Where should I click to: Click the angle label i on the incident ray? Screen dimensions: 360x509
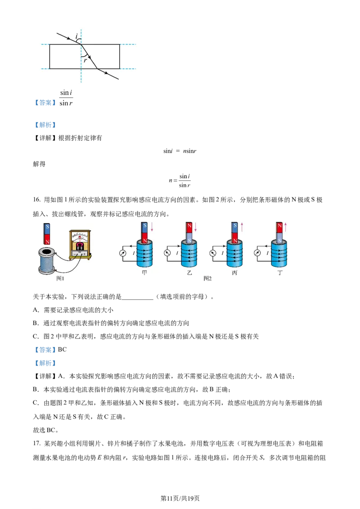click(76, 36)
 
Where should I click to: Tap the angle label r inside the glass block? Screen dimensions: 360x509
click(85, 60)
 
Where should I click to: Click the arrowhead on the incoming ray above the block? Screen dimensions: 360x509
click(69, 38)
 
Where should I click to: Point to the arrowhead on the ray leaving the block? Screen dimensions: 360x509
click(106, 73)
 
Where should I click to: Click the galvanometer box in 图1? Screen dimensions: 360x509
click(80, 245)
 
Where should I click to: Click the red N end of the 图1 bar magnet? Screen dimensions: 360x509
click(47, 239)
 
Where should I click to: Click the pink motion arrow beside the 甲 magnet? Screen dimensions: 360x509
click(152, 227)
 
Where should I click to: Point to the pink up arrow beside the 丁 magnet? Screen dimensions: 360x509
click(285, 227)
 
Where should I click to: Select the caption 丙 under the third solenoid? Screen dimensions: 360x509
click(234, 272)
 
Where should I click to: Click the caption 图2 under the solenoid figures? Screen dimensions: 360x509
click(207, 278)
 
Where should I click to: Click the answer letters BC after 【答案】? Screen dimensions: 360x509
click(62, 350)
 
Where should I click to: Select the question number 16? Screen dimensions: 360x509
click(36, 200)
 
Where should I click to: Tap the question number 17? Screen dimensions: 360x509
click(36, 443)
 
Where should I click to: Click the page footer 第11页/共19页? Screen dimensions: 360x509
click(180, 498)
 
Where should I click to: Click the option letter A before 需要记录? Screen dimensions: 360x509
click(36, 310)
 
